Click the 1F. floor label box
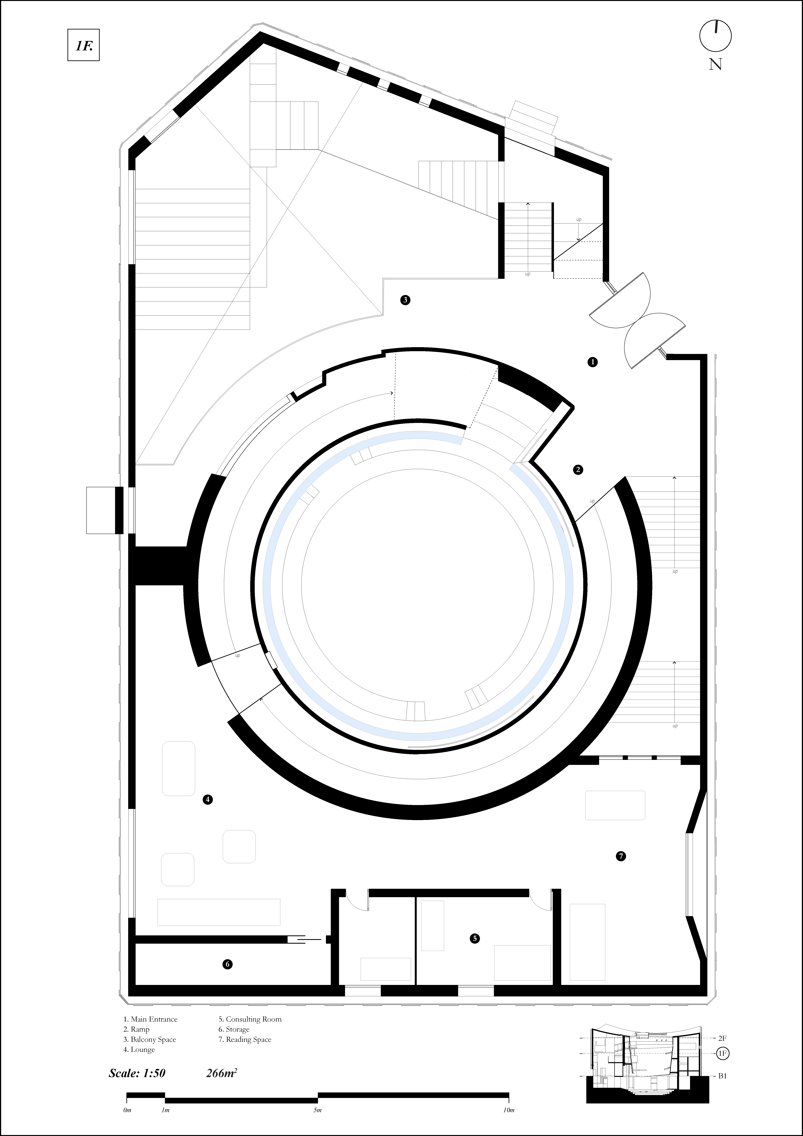[84, 45]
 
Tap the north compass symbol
[715, 36]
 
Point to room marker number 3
[405, 300]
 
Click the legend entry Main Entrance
[150, 1019]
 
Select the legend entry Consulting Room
[250, 1019]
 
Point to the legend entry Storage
[234, 1029]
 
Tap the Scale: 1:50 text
[137, 1073]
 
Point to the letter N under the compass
[715, 64]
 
